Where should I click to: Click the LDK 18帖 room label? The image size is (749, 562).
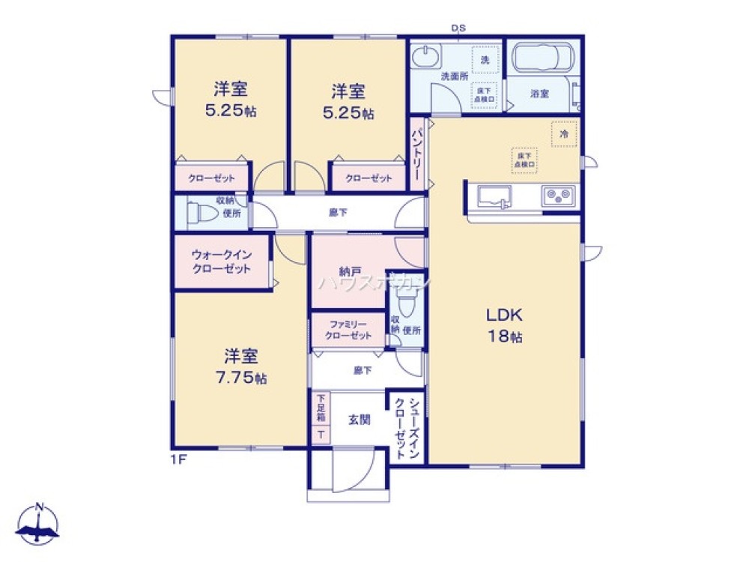pos(506,324)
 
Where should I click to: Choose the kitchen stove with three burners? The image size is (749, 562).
pos(559,196)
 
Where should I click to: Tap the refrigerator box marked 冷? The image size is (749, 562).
pos(564,133)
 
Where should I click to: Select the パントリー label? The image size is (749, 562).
pos(417,153)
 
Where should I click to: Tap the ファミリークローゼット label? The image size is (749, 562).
pos(348,330)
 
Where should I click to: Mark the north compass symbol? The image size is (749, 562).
pos(39,525)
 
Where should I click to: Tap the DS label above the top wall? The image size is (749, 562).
pos(458,28)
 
